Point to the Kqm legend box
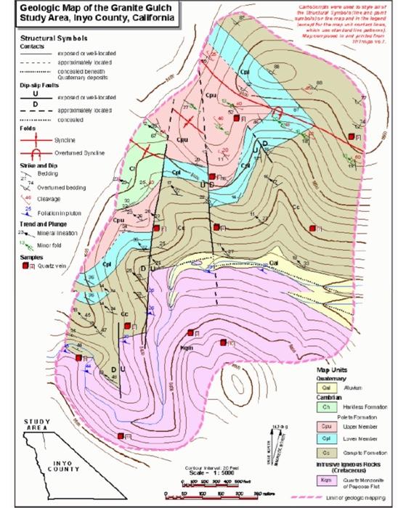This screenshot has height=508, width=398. [326, 480]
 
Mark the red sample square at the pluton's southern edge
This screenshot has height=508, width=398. [121, 436]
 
